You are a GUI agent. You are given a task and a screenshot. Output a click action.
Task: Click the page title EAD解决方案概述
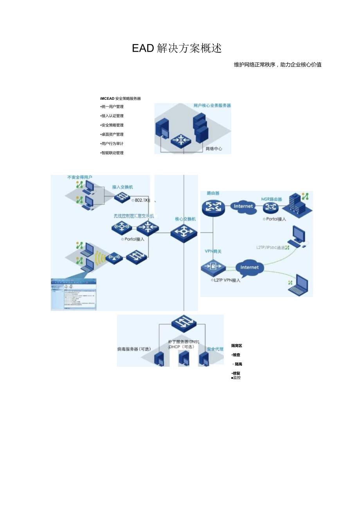177,48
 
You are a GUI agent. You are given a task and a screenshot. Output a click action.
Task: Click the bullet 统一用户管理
112,106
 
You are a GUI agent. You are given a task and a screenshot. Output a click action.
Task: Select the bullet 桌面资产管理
112,134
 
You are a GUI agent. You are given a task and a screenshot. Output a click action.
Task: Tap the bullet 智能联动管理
112,153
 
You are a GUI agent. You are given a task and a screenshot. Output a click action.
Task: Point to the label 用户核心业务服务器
212,106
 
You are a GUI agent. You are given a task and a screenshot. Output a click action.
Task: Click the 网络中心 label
214,149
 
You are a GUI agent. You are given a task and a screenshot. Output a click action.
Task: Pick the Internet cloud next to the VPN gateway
249,268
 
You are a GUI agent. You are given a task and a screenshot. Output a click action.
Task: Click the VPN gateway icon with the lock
213,267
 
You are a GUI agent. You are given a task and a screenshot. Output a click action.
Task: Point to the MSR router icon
271,207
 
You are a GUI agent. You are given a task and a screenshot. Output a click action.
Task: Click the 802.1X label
142,200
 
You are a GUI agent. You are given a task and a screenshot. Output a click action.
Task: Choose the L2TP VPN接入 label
227,280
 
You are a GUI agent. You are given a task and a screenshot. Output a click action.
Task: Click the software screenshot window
74,294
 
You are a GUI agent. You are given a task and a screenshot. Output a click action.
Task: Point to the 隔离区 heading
236,346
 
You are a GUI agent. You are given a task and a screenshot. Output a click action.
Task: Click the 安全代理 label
215,349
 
